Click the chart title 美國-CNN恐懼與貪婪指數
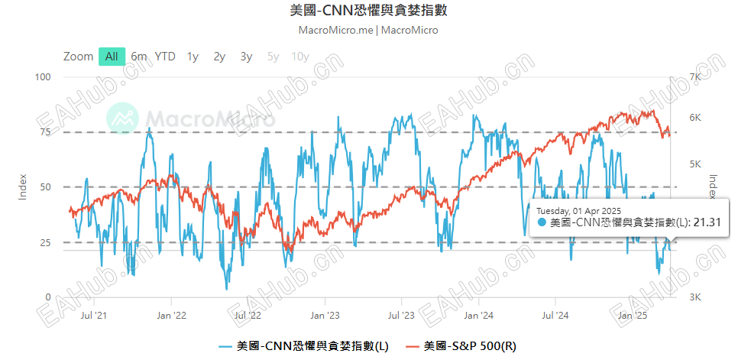point(369,10)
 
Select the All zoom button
point(112,56)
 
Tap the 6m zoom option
point(138,56)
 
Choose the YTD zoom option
point(165,56)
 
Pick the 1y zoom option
point(193,56)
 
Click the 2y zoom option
point(219,56)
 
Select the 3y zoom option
point(246,56)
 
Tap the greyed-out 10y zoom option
point(300,56)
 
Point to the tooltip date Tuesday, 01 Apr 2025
point(578,209)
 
